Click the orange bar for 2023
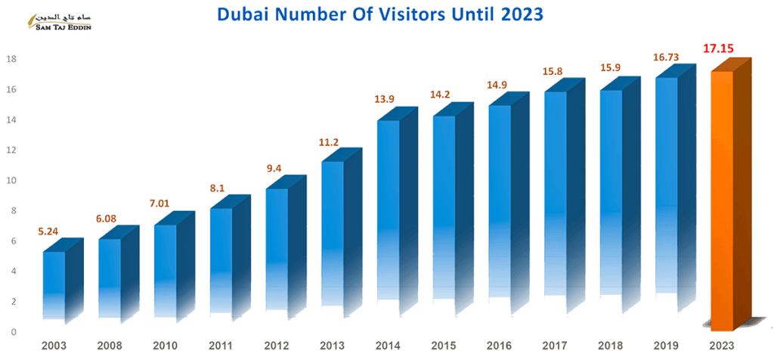(721, 200)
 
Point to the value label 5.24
(49, 231)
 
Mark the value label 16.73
(664, 57)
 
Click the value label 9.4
(274, 169)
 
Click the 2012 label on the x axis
(276, 345)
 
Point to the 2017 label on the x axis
(554, 345)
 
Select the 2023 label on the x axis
(720, 345)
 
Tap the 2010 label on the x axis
(164, 345)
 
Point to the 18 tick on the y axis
(11, 59)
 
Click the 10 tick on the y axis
(11, 181)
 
